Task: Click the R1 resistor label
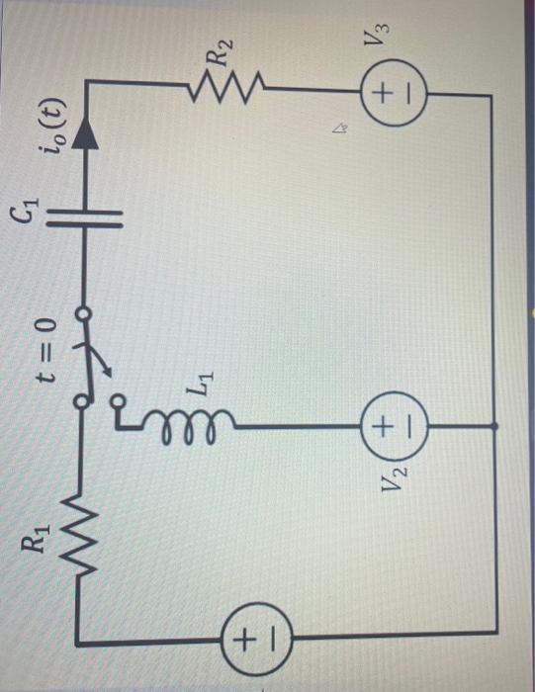point(37,543)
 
